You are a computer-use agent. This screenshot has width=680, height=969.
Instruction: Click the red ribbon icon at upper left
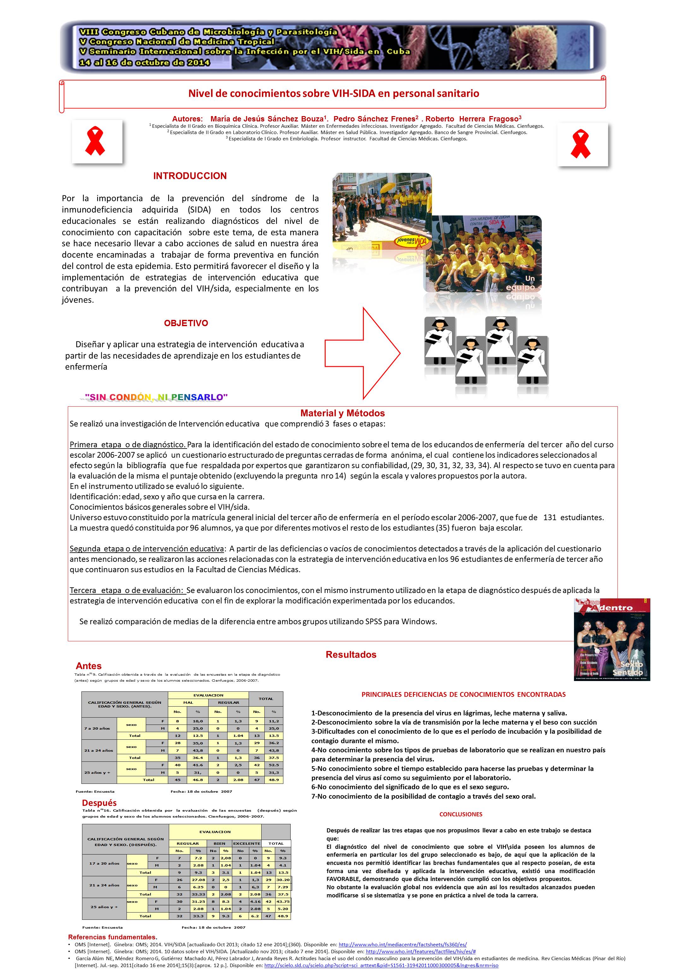click(95, 142)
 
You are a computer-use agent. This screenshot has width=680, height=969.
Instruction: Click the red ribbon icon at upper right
click(581, 144)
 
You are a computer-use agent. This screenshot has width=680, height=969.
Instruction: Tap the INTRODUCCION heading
click(190, 176)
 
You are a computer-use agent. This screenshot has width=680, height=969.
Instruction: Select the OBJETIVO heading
click(186, 323)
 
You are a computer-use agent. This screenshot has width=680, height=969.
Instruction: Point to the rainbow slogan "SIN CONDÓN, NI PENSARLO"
click(156, 397)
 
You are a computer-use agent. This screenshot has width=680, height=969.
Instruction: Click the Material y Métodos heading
click(342, 414)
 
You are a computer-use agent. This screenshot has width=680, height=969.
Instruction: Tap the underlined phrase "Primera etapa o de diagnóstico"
click(128, 444)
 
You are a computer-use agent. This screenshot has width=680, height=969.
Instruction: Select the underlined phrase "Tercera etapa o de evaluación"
click(127, 590)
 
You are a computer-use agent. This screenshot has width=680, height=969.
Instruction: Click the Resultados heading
click(351, 655)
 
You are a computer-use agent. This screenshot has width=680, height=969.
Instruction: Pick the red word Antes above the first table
click(89, 666)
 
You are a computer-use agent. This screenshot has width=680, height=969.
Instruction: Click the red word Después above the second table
click(99, 803)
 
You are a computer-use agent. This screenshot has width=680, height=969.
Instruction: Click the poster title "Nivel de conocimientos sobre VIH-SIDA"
click(334, 93)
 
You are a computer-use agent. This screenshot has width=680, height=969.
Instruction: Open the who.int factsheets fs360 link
click(403, 944)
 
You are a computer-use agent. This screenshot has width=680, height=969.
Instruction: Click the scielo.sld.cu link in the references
click(381, 965)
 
